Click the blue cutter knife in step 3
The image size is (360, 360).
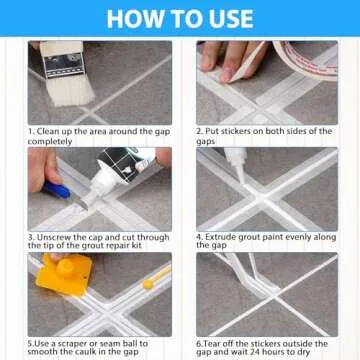[x=58, y=187]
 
